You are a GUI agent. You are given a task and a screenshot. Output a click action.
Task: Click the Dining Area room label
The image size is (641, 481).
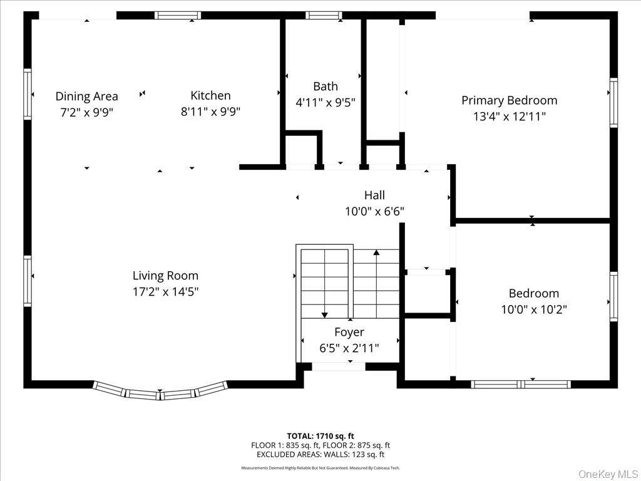click(86, 96)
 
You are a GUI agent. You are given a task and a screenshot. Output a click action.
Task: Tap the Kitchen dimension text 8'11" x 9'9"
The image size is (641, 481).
click(210, 111)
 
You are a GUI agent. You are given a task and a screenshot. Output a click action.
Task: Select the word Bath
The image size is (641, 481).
click(326, 86)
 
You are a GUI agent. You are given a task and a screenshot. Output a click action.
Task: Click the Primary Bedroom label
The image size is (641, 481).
click(509, 100)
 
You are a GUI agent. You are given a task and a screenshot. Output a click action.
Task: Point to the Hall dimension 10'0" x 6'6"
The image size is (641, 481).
click(374, 212)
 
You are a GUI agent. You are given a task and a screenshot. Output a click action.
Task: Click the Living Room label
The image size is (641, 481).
click(165, 276)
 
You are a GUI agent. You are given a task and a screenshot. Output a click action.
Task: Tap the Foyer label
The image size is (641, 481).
click(349, 332)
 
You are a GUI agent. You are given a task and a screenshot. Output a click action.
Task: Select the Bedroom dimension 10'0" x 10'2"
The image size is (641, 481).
click(534, 309)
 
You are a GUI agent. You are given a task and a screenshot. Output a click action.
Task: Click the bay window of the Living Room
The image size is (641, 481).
click(160, 392)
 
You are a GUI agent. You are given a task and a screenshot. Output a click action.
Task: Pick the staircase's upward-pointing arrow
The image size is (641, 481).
click(376, 253)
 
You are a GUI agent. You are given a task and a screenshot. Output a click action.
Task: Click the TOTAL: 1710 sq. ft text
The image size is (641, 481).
click(320, 436)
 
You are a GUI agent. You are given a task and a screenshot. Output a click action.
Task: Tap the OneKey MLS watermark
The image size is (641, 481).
click(607, 474)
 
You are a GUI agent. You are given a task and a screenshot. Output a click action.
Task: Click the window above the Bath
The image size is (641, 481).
click(324, 15)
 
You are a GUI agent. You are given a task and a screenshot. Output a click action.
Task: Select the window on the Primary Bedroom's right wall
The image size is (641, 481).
click(613, 103)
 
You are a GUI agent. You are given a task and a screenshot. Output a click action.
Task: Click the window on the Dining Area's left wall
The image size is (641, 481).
click(28, 94)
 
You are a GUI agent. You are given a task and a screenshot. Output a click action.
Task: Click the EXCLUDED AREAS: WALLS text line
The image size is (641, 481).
click(320, 455)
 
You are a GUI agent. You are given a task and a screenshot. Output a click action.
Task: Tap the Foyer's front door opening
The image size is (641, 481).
click(339, 366)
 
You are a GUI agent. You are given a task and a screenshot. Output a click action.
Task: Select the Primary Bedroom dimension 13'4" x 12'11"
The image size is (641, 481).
click(509, 116)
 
